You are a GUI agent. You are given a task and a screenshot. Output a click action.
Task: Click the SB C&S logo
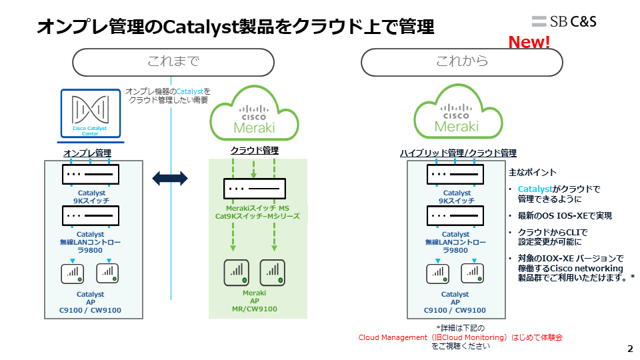[x=564, y=21]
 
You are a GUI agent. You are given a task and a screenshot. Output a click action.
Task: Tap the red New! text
[x=529, y=43]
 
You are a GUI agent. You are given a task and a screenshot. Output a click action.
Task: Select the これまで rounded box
[x=173, y=62]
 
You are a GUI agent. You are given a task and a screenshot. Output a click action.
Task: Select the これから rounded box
[x=462, y=62]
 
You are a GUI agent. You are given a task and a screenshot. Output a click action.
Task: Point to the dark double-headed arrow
[x=170, y=178]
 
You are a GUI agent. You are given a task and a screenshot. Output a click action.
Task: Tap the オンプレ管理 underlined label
[x=87, y=153]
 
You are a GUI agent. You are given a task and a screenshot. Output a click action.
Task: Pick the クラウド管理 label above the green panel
[x=254, y=151]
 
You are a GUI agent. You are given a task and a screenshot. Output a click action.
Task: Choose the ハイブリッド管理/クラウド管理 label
[x=458, y=153]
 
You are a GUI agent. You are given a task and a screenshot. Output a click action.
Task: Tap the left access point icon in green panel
[x=237, y=271]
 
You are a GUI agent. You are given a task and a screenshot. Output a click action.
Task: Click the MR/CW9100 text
[x=254, y=309]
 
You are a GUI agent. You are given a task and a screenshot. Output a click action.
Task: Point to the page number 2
[x=630, y=349]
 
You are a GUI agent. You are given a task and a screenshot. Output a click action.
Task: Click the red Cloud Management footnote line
[x=461, y=337]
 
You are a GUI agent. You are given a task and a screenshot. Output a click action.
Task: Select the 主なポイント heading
[x=533, y=172]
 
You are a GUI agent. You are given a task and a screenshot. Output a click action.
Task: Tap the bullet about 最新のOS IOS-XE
[x=565, y=216]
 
